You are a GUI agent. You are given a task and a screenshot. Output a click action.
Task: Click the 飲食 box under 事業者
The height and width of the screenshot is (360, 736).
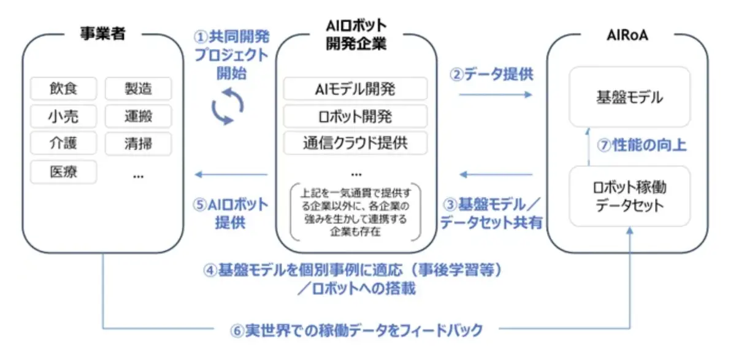(63, 88)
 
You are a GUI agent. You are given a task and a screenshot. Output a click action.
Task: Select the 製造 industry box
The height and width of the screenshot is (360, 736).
(138, 88)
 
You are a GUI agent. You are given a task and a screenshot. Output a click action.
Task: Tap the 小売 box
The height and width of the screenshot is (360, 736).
(63, 116)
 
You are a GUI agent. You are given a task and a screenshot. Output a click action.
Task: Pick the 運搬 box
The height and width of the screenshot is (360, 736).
(138, 116)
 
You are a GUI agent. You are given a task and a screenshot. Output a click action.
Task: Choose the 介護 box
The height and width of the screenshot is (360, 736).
(63, 144)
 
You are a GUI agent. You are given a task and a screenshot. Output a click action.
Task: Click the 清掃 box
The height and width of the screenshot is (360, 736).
(138, 144)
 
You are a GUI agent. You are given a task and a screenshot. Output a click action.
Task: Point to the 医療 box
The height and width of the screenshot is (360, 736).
(63, 172)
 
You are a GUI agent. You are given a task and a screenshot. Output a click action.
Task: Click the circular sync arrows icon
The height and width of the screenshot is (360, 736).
(227, 106)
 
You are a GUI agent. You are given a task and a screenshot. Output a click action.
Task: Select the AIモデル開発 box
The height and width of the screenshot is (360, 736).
(355, 89)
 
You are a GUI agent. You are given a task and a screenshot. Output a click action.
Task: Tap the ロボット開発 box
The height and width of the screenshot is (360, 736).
(355, 116)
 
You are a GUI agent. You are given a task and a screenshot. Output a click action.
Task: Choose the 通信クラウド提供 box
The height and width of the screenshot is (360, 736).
(355, 143)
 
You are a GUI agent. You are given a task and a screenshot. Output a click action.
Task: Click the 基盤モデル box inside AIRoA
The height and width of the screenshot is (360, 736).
(629, 97)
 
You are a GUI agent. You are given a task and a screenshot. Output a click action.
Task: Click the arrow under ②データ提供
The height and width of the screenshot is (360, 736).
(496, 94)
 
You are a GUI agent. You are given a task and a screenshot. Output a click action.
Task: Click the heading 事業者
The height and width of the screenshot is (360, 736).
(102, 34)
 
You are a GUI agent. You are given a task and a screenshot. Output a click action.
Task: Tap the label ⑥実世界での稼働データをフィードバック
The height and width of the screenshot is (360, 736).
(356, 330)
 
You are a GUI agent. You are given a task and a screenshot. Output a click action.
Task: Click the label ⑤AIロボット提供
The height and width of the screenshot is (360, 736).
(230, 213)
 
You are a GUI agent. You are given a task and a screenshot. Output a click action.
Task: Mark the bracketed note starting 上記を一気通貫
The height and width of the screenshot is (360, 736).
(355, 210)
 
